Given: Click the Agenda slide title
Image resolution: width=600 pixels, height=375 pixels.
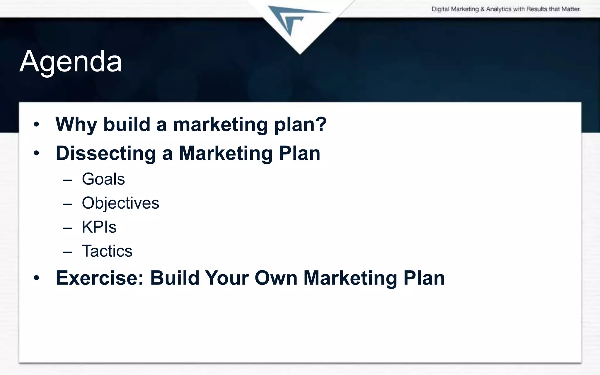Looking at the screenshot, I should [x=71, y=61].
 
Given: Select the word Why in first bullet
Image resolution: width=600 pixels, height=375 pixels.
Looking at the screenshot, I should [x=76, y=124].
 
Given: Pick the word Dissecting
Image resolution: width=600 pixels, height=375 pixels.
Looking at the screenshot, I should [x=106, y=153].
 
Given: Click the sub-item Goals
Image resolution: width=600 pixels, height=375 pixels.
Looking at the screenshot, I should [x=103, y=179].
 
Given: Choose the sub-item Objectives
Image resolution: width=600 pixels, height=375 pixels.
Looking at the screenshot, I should [x=120, y=203].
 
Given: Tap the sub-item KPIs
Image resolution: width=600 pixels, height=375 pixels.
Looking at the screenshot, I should [x=99, y=227].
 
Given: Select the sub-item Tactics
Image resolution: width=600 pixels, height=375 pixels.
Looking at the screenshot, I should [x=107, y=251].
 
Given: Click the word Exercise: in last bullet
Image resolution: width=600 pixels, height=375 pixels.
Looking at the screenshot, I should [x=100, y=278].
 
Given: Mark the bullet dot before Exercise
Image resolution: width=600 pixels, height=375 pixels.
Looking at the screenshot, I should [x=36, y=278].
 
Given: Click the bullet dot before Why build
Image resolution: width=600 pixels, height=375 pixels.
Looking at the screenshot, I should [x=36, y=125].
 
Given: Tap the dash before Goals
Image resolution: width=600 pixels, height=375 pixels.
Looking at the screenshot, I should [x=67, y=180].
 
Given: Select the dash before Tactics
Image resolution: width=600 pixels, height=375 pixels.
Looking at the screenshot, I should [x=67, y=252].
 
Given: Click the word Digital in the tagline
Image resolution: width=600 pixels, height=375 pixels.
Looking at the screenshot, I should [x=440, y=9].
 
